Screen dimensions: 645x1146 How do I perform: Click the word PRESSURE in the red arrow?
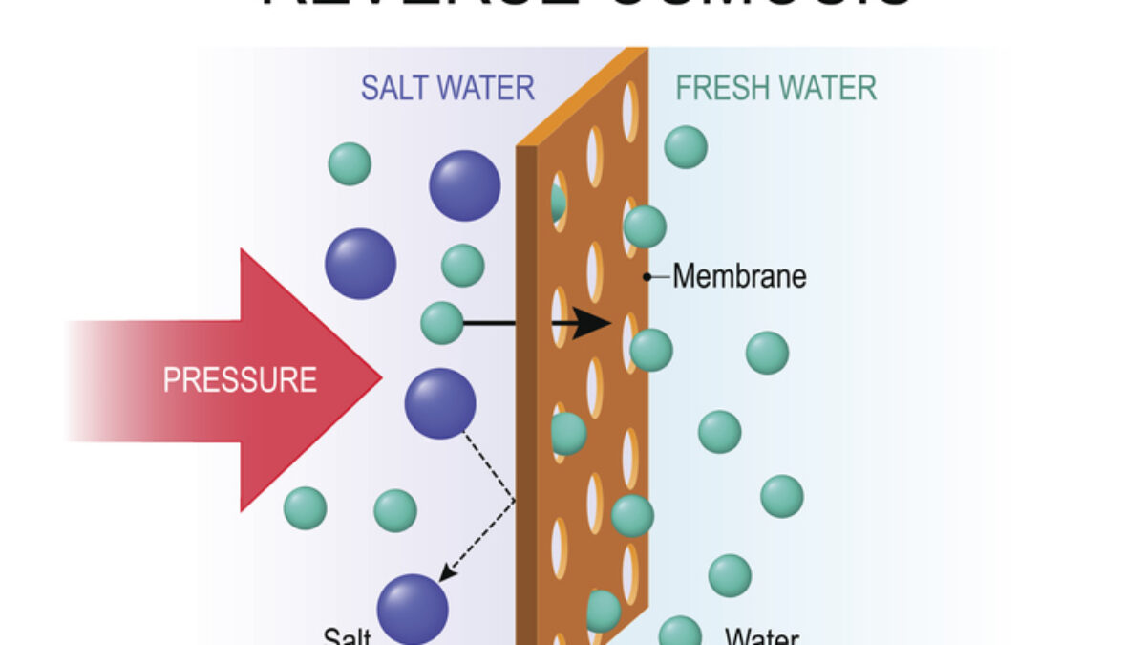(x=240, y=380)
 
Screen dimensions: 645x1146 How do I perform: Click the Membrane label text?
(x=739, y=277)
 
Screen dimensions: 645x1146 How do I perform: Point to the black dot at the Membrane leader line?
(x=647, y=277)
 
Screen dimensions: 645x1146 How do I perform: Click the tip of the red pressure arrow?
(x=379, y=379)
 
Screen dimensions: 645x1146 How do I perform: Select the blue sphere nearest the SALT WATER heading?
(x=464, y=185)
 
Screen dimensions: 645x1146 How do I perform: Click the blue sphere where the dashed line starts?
(x=440, y=403)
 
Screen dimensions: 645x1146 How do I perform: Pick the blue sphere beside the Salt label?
(x=413, y=609)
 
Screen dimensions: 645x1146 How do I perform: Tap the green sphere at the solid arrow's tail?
(x=442, y=323)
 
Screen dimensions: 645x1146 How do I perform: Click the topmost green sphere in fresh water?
(x=686, y=146)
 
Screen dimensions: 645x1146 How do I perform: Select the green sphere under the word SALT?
(x=350, y=163)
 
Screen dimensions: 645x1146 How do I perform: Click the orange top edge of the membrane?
(x=583, y=96)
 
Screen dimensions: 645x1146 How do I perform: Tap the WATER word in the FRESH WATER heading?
(x=827, y=88)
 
